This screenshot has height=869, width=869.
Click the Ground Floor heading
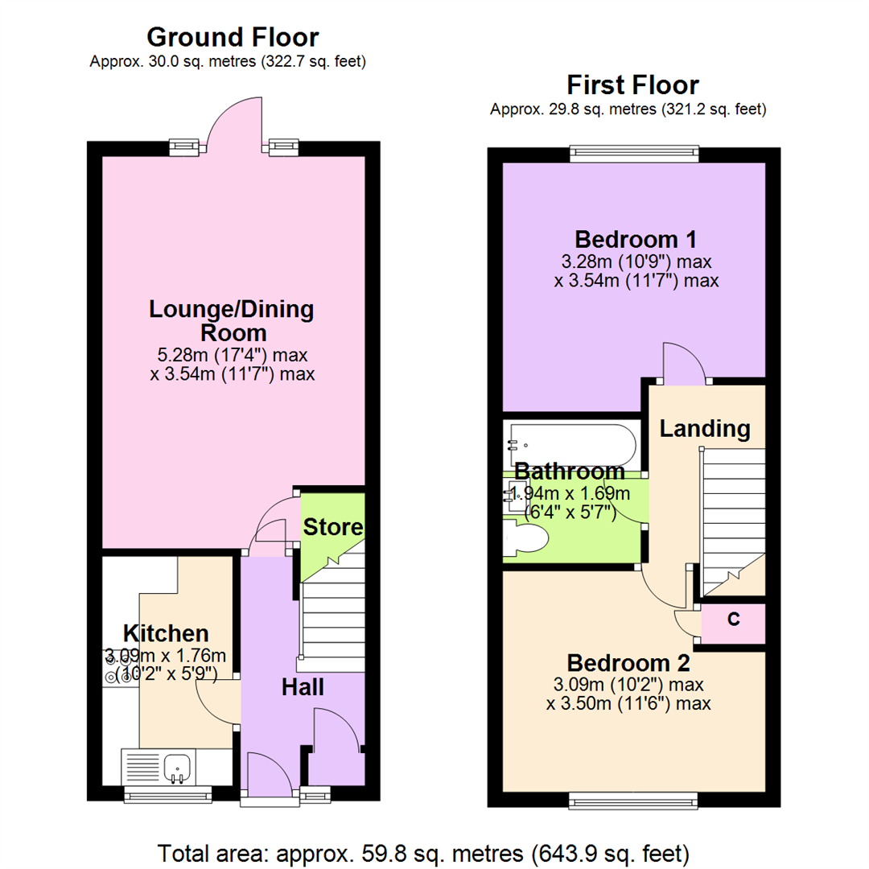pyautogui.click(x=233, y=37)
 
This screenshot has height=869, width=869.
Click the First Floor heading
pyautogui.click(x=632, y=84)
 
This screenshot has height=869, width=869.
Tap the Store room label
pyautogui.click(x=333, y=528)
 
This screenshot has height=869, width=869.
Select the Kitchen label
pyautogui.click(x=166, y=632)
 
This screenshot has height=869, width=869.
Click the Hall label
pyautogui.click(x=303, y=687)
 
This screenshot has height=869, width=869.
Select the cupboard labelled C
pyautogui.click(x=733, y=620)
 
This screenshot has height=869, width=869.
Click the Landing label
pyautogui.click(x=705, y=429)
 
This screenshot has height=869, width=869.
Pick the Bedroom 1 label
pyautogui.click(x=635, y=239)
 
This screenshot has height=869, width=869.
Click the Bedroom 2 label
pyautogui.click(x=628, y=664)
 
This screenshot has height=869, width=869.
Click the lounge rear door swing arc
pyautogui.click(x=233, y=121)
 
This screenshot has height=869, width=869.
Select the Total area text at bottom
pyautogui.click(x=423, y=851)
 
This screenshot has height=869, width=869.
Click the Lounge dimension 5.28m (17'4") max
pyautogui.click(x=232, y=355)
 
